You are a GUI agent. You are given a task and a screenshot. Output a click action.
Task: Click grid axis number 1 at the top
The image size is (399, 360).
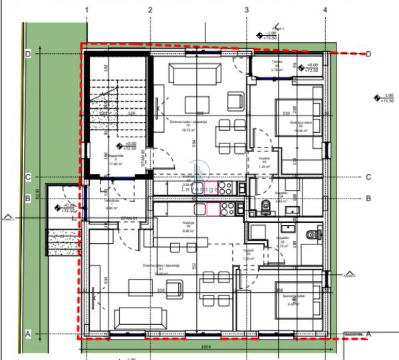pyautogui.click(x=87, y=10)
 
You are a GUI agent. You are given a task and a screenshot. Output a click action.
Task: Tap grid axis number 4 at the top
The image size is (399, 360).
pyautogui.click(x=325, y=10)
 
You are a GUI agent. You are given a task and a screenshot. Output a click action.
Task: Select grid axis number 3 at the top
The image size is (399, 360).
pyautogui.click(x=246, y=10)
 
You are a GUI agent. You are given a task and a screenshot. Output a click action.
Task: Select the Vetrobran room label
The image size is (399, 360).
pyautogui.click(x=110, y=202)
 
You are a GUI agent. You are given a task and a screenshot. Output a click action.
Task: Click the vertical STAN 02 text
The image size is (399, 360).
pyautogui.click(x=152, y=159)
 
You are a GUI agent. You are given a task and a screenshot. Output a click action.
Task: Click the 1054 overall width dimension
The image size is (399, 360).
pyautogui.click(x=205, y=347)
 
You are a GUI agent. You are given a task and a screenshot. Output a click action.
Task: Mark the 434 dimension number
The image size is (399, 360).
pyautogui.click(x=106, y=281)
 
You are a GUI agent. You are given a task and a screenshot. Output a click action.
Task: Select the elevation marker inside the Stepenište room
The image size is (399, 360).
pyautogui.click(x=119, y=146)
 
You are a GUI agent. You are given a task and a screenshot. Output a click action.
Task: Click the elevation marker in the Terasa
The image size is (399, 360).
pyautogui.click(x=302, y=67)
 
